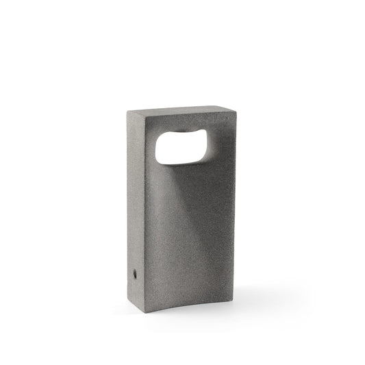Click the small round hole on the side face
(x=134, y=273)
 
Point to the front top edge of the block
(x=188, y=116)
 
